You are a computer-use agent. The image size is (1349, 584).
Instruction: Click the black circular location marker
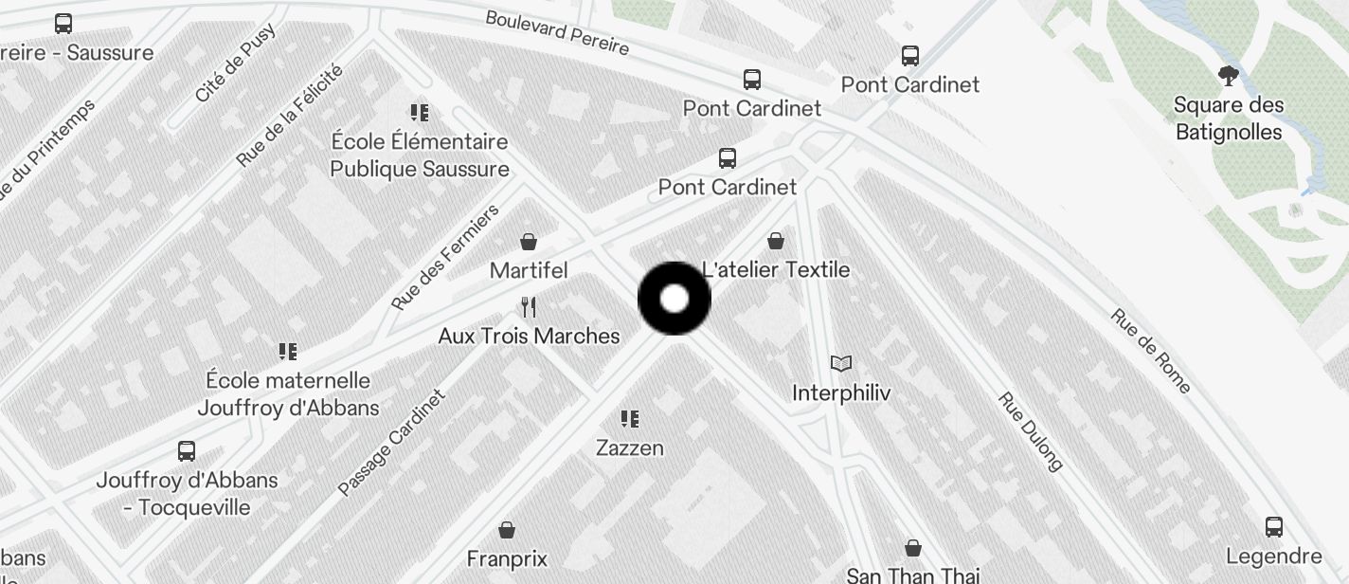click(674, 299)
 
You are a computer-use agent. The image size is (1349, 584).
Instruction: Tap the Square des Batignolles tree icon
click(1229, 76)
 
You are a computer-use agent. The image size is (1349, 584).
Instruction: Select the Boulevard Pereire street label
click(557, 32)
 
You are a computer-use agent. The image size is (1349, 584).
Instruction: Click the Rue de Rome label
click(1151, 351)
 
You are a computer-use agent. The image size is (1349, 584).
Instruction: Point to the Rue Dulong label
click(1031, 431)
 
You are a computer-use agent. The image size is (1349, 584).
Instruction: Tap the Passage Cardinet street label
click(391, 443)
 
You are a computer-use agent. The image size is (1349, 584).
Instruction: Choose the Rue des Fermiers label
click(445, 258)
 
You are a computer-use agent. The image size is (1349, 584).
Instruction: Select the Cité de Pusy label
click(235, 63)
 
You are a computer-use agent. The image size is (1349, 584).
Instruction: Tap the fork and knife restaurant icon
click(529, 307)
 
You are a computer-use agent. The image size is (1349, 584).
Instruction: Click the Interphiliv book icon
click(840, 363)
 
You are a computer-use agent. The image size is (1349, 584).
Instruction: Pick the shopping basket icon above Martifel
click(529, 242)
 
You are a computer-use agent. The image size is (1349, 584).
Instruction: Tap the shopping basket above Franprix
click(507, 529)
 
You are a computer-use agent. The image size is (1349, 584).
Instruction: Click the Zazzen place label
click(630, 447)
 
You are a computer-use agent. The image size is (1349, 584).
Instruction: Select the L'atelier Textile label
click(776, 270)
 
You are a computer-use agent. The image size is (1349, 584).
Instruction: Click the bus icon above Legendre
click(1274, 526)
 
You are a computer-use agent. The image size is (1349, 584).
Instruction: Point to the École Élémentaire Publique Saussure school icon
click(420, 113)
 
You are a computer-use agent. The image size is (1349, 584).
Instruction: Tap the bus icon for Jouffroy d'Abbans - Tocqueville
click(187, 450)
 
